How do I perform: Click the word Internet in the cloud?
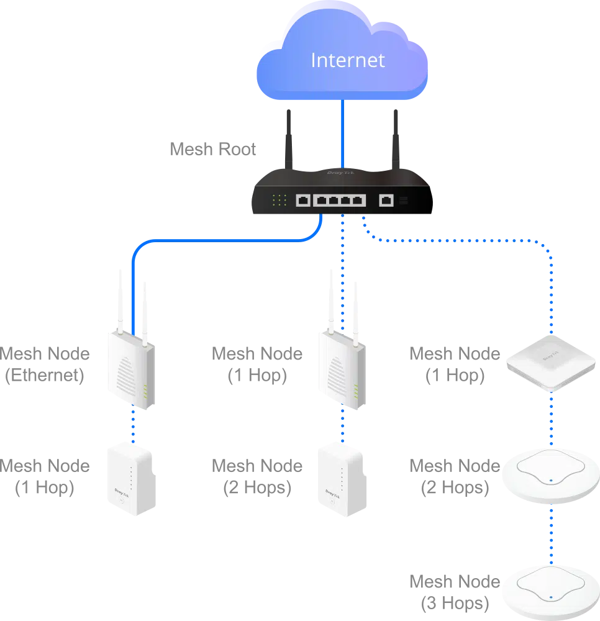pos(347,60)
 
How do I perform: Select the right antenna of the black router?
pos(396,140)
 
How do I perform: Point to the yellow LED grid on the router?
pos(280,200)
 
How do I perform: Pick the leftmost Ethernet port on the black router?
pos(303,200)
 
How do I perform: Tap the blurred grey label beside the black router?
pos(213,150)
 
